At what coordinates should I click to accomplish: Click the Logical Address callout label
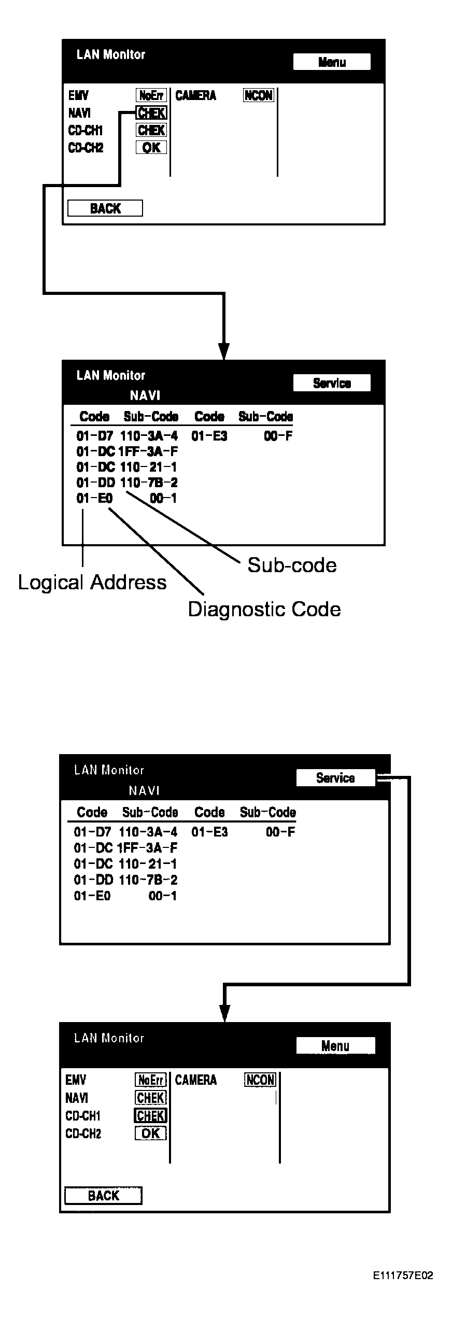[92, 583]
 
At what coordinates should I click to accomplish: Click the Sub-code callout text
[292, 565]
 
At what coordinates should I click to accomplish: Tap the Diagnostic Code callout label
[264, 609]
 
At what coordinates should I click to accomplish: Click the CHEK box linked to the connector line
[151, 112]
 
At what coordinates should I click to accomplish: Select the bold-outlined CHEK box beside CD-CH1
[151, 1115]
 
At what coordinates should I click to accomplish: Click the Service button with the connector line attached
[335, 777]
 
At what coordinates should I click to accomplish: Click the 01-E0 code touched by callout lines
[94, 499]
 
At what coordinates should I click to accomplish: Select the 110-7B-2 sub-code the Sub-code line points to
[149, 483]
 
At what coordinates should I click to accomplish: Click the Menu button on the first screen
[332, 62]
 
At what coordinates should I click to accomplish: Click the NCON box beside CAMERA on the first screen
[258, 95]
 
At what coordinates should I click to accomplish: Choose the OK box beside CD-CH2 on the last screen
[151, 1133]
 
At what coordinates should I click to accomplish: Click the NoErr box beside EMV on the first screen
[151, 95]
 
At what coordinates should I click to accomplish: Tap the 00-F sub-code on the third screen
[280, 832]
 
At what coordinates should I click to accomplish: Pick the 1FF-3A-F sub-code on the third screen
[148, 848]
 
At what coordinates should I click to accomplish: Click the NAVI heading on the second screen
[145, 395]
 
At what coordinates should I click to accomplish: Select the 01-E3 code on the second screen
[209, 436]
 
